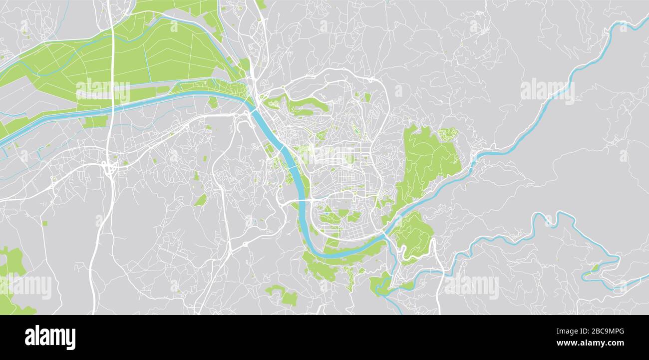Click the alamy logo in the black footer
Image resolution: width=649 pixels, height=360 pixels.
(x=50, y=338)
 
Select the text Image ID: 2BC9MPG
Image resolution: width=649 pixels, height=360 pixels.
(x=594, y=331)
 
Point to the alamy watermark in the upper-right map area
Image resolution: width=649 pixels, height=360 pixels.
(x=547, y=90)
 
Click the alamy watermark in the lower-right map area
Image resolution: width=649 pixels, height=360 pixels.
(x=471, y=287)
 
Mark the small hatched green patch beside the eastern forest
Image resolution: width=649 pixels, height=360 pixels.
(x=448, y=134)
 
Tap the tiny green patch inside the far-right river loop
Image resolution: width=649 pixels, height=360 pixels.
(x=595, y=268)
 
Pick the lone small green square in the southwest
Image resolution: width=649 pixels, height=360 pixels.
(x=44, y=223)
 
